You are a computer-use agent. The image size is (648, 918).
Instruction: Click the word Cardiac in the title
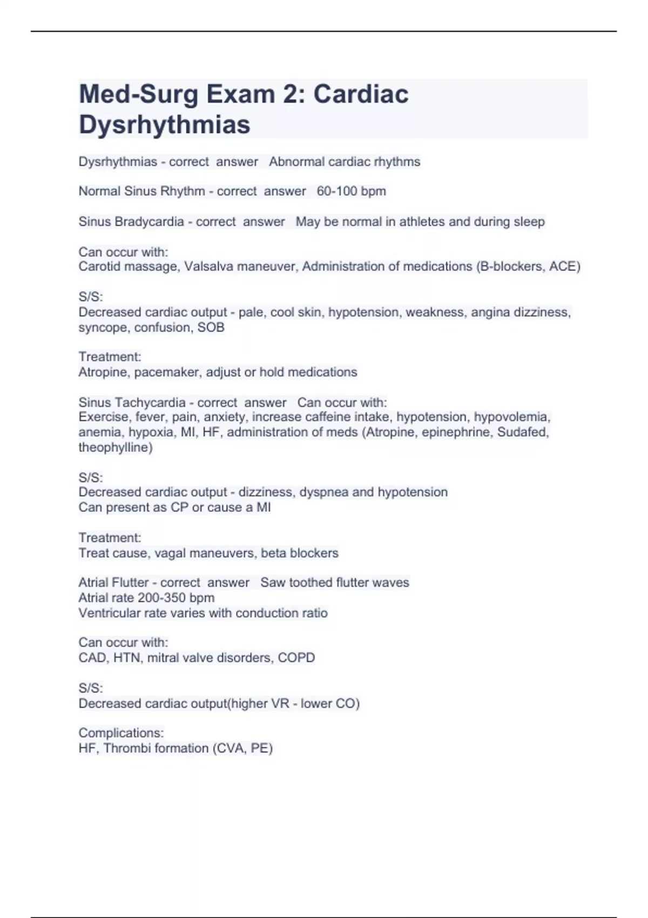[x=361, y=94]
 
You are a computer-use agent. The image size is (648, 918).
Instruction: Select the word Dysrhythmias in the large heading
[x=164, y=124]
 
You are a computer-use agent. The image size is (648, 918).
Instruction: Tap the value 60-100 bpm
[x=351, y=191]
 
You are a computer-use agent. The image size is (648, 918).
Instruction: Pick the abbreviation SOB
[x=211, y=327]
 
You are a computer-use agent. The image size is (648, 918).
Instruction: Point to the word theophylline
[x=115, y=447]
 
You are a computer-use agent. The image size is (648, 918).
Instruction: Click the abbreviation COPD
[x=296, y=658]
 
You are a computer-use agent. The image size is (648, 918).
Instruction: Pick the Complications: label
[x=121, y=733]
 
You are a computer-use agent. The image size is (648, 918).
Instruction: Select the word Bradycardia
[x=149, y=221]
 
